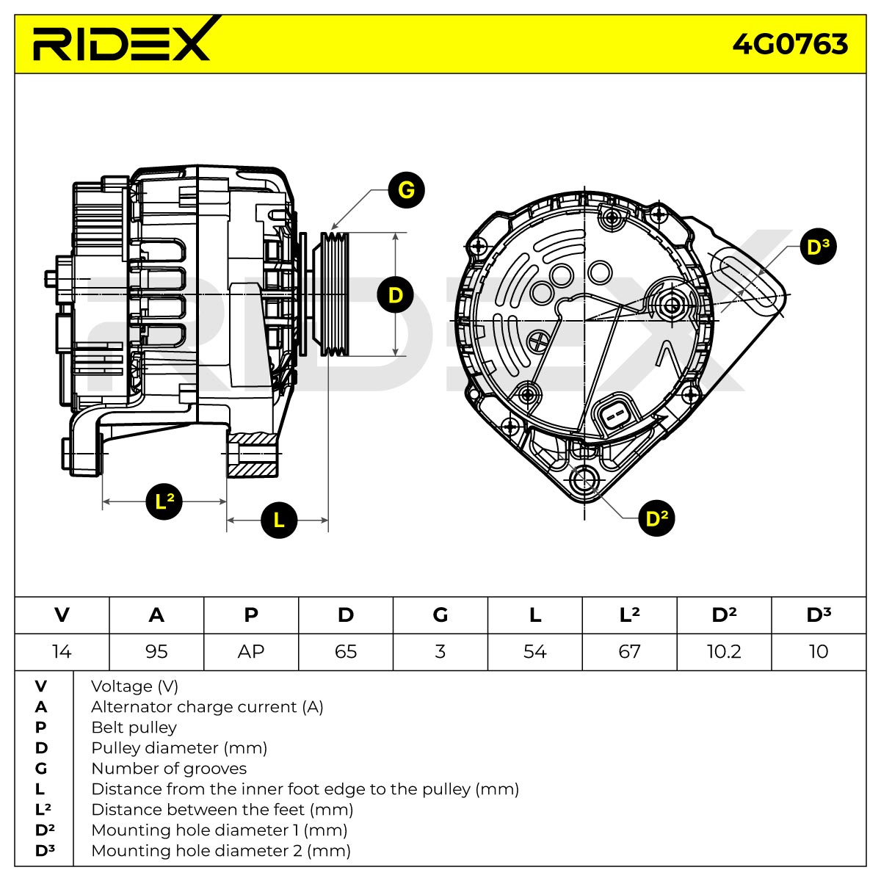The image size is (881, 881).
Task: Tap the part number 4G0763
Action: click(789, 44)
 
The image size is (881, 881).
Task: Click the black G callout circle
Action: click(406, 189)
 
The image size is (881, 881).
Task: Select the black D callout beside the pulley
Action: click(395, 295)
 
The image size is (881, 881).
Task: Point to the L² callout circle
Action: click(164, 501)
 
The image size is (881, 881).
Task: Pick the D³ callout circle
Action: click(818, 247)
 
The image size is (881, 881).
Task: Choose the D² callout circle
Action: click(656, 518)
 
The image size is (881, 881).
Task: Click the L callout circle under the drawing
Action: click(279, 520)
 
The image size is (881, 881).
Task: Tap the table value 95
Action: click(156, 651)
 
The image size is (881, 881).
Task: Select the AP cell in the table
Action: click(251, 651)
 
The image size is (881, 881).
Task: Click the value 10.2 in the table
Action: click(724, 651)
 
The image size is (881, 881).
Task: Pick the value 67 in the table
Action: click(629, 651)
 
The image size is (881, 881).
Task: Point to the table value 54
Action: click(534, 651)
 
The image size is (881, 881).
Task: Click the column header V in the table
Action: click(62, 615)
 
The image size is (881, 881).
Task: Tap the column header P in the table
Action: click(251, 615)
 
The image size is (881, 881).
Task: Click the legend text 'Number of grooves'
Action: click(169, 769)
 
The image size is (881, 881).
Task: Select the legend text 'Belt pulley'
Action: click(134, 728)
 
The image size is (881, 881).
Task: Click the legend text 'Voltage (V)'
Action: click(134, 686)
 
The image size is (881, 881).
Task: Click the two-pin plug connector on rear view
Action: click(612, 416)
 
